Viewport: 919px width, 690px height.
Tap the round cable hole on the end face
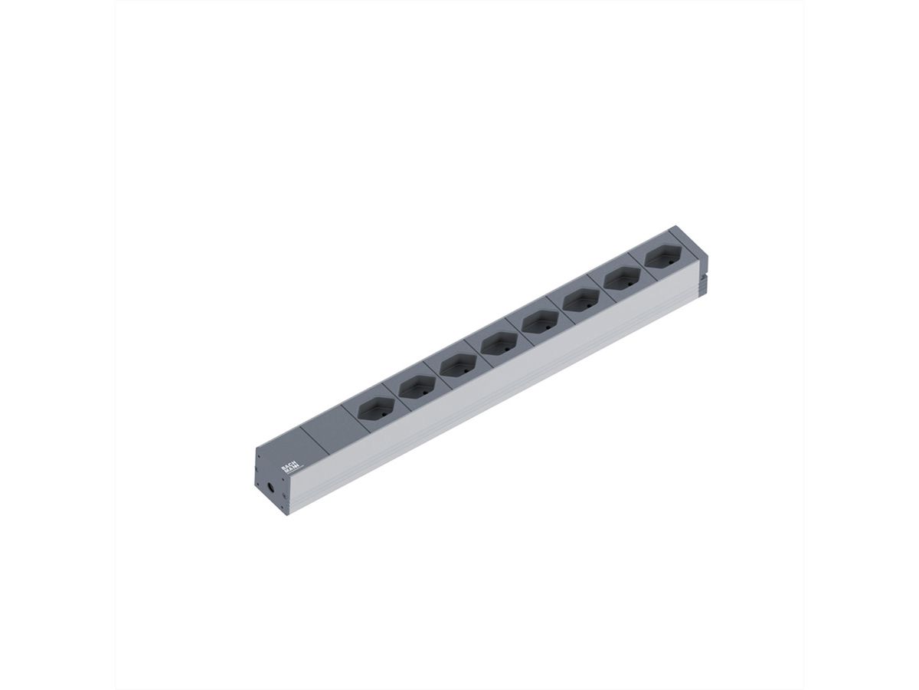click(270, 487)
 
